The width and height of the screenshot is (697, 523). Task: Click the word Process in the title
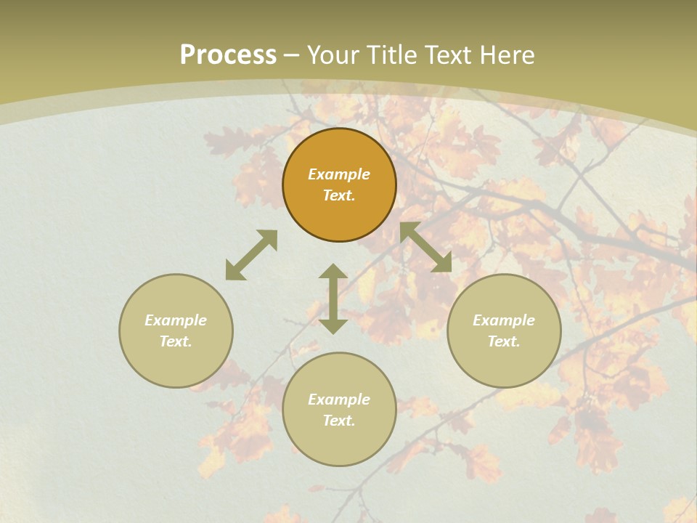[228, 55]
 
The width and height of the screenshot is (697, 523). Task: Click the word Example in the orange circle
[339, 174]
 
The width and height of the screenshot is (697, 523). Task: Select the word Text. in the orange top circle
[339, 195]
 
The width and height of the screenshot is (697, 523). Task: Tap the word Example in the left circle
[176, 320]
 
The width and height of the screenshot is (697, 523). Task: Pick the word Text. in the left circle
[176, 341]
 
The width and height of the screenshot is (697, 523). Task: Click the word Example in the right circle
[504, 320]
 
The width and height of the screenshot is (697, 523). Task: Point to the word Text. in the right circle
[504, 341]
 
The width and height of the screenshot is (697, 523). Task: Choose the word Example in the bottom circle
[339, 400]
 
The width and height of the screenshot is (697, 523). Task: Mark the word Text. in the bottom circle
[339, 421]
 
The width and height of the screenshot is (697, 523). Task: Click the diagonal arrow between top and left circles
[251, 255]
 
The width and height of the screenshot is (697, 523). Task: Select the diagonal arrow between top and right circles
[426, 247]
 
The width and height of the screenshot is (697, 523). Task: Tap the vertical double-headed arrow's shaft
[333, 299]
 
